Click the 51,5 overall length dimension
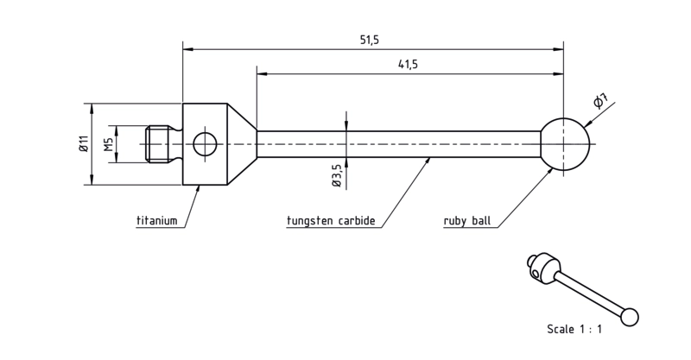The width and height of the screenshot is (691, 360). tap(370, 40)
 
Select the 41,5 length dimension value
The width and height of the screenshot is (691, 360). tap(408, 65)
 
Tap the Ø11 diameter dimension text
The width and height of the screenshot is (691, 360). tap(84, 143)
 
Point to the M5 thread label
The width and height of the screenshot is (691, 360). tap(109, 144)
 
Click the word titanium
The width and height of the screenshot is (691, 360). tap(157, 220)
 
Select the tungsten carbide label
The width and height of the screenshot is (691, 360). tap(331, 220)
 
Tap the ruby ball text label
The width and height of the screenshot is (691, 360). tap(466, 220)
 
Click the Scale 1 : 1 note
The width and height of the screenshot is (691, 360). tap(574, 329)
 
